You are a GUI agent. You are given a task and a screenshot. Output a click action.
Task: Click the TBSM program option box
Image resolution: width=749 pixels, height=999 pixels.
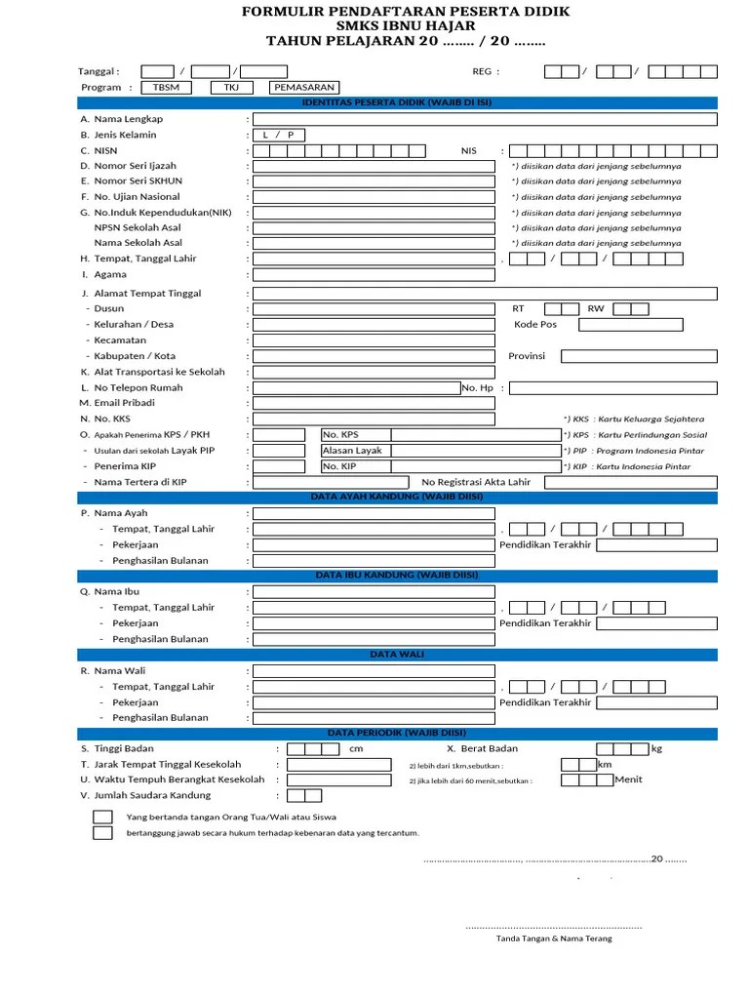click(167, 87)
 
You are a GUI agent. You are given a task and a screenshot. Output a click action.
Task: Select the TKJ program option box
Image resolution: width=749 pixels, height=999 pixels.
click(231, 87)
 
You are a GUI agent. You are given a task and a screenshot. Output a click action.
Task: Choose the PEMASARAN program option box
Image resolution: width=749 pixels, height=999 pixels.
click(304, 87)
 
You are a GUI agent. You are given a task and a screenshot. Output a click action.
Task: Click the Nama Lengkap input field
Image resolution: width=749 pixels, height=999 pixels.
click(485, 119)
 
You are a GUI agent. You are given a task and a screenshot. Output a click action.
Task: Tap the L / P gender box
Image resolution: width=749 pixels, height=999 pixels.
click(279, 135)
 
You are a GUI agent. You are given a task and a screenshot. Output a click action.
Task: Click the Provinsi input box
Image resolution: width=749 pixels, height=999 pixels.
click(639, 356)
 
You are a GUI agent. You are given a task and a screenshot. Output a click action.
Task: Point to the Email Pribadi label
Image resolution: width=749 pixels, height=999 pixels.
click(124, 403)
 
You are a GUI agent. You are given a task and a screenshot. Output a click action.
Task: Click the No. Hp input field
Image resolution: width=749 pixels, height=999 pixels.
click(612, 388)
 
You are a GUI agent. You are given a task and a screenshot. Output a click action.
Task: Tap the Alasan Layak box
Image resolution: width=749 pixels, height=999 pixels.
click(440, 451)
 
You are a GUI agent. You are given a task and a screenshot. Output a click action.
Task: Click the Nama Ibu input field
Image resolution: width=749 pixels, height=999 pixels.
click(485, 591)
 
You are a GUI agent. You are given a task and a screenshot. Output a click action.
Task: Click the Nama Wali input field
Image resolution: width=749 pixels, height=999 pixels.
click(485, 670)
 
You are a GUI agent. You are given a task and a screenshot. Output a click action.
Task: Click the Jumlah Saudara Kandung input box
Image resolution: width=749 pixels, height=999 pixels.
click(305, 795)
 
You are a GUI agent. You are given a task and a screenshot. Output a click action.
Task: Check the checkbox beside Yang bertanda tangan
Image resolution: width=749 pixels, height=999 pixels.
click(102, 817)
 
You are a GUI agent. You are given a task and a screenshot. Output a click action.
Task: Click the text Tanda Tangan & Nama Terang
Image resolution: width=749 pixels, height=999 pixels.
click(554, 939)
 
